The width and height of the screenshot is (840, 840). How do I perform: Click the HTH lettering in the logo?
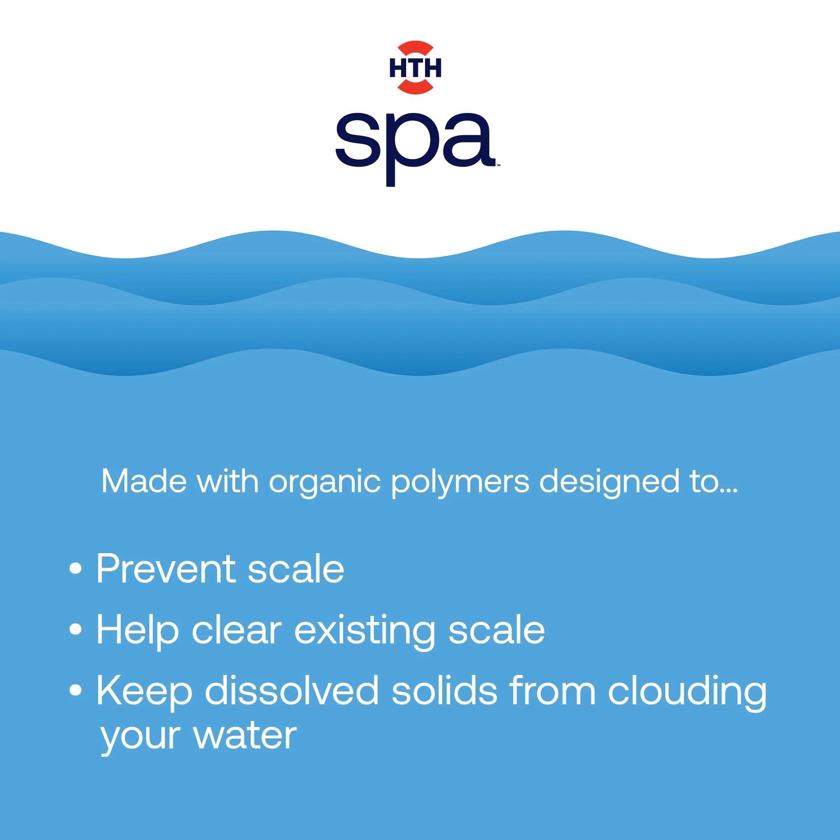click(x=415, y=68)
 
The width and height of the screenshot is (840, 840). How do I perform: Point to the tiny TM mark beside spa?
click(x=498, y=165)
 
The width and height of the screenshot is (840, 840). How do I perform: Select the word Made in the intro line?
click(x=144, y=481)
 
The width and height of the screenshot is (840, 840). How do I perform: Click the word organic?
click(x=324, y=483)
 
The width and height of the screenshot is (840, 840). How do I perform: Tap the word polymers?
click(x=460, y=483)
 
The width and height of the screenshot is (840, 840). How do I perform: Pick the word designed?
click(x=609, y=483)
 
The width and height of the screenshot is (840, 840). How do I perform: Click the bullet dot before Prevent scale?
click(x=76, y=568)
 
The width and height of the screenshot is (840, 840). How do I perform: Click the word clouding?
click(x=688, y=693)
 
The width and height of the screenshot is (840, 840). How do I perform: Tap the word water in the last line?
click(x=245, y=738)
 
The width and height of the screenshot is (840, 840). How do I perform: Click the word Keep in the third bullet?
click(x=144, y=693)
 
